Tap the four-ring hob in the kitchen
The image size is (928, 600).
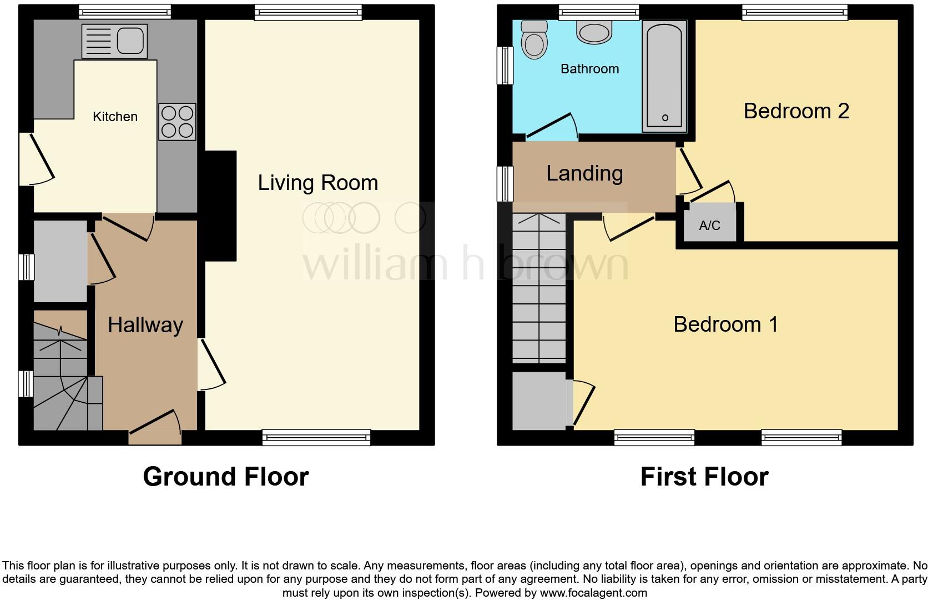tap(177, 122)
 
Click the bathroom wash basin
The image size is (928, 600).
tap(594, 32)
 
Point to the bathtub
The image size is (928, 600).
tap(664, 77)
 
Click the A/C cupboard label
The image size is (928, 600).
tap(710, 226)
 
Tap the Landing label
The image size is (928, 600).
tap(584, 174)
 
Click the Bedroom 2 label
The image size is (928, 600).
tap(796, 111)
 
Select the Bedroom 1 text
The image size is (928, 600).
tap(725, 324)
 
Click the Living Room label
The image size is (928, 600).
tap(317, 183)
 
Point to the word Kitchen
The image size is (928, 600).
tap(115, 117)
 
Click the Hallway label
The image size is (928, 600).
tap(145, 325)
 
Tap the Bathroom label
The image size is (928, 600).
tap(589, 69)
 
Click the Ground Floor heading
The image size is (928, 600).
tap(225, 477)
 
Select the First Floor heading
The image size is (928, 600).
tap(704, 477)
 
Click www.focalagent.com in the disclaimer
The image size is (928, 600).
tap(593, 593)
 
